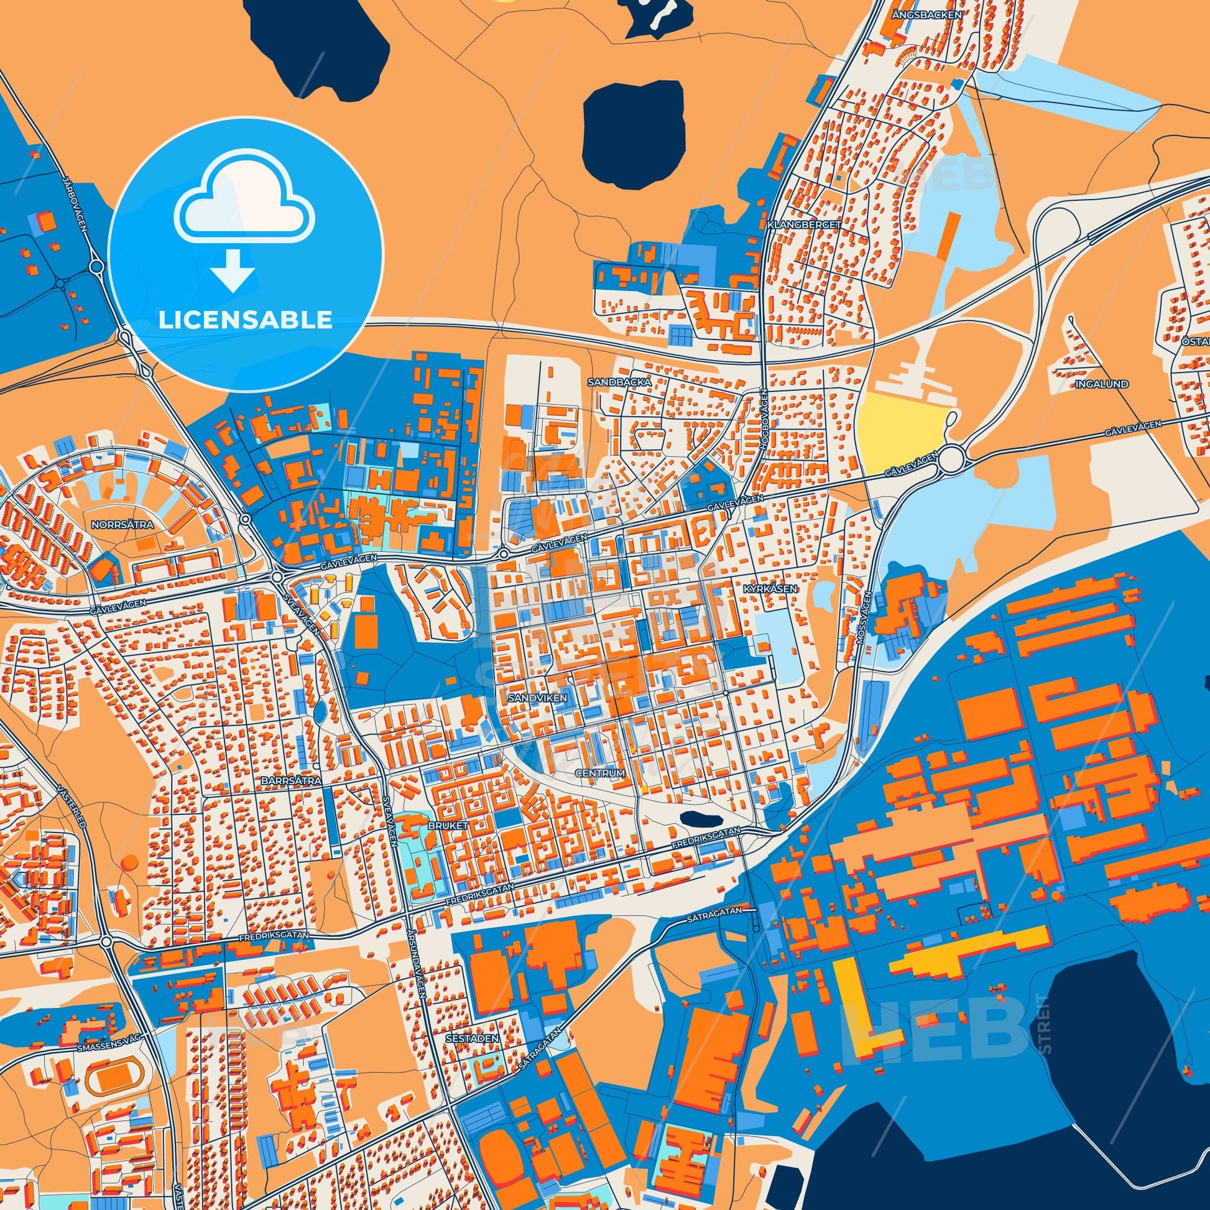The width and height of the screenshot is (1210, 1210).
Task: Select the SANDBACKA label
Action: [611, 381]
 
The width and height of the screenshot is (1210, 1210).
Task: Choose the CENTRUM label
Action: [599, 774]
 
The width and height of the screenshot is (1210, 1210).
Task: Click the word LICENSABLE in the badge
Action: [245, 320]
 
